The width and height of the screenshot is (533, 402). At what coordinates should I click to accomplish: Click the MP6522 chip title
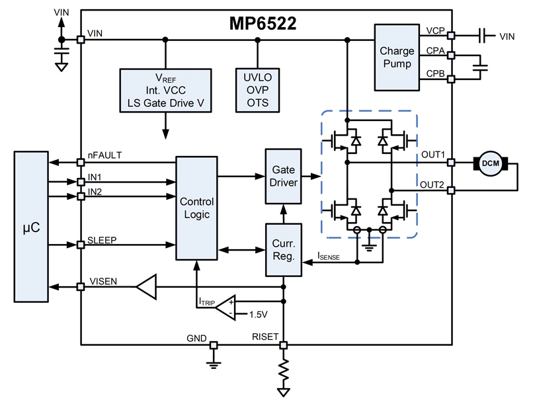click(263, 24)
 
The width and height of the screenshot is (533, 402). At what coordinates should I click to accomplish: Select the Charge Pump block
click(397, 58)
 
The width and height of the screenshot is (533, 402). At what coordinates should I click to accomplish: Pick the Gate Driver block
click(284, 176)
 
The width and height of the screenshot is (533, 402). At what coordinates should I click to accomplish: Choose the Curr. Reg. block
click(284, 249)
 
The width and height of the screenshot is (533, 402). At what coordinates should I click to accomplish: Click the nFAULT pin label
click(104, 155)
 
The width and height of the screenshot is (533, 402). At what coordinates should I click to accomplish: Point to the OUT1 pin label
click(433, 155)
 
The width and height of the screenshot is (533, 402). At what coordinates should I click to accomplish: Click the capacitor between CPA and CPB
click(481, 67)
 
